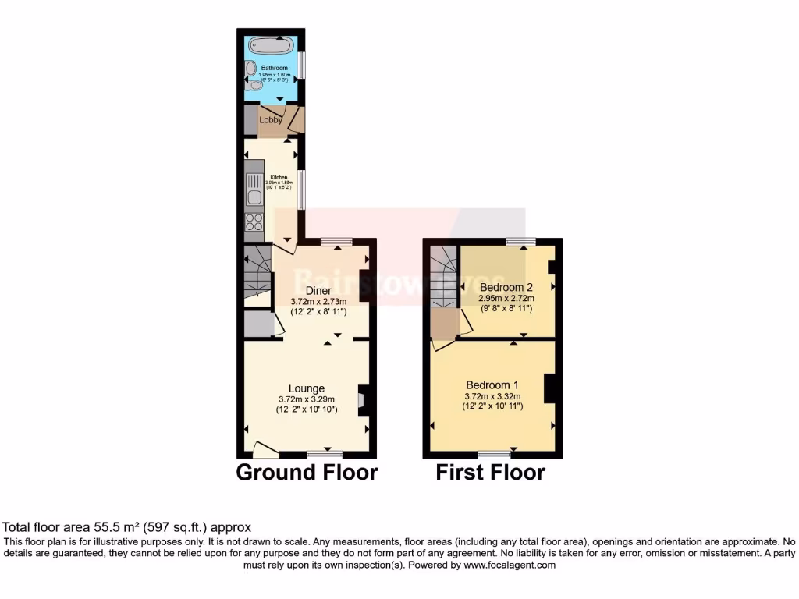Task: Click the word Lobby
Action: tap(271, 120)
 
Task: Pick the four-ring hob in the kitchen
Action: tap(254, 222)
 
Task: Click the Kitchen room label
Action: tap(279, 177)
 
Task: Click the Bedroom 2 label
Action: tap(505, 287)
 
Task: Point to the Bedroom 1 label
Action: tap(492, 385)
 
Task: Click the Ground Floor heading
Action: tap(307, 472)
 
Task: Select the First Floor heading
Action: tap(490, 472)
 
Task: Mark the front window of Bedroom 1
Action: tap(494, 454)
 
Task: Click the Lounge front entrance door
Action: tap(266, 449)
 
